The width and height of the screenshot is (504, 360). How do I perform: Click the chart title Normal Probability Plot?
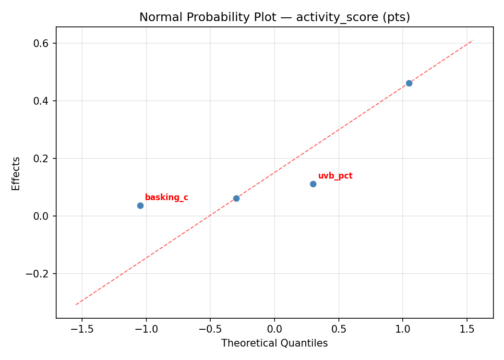[275, 17]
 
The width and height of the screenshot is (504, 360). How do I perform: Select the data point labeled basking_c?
[140, 205]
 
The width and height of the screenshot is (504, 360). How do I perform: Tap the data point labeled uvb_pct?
[313, 184]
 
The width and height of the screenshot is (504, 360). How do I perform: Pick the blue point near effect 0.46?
[409, 83]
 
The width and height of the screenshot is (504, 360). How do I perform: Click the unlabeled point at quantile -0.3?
[236, 198]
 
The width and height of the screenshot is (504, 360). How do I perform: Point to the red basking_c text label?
[166, 197]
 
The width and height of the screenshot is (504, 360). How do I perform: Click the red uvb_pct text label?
[335, 176]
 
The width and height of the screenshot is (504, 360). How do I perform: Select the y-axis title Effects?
[16, 173]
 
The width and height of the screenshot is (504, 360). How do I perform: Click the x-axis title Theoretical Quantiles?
[275, 343]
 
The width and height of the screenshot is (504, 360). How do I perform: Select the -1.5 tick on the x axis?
[82, 330]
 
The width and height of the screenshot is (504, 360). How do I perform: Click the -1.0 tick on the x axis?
[146, 330]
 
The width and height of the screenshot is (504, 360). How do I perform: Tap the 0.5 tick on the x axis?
[338, 330]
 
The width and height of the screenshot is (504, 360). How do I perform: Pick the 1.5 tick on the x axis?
[467, 330]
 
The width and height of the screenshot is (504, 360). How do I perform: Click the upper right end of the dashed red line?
[473, 40]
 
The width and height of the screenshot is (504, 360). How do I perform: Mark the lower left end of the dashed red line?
[76, 305]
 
